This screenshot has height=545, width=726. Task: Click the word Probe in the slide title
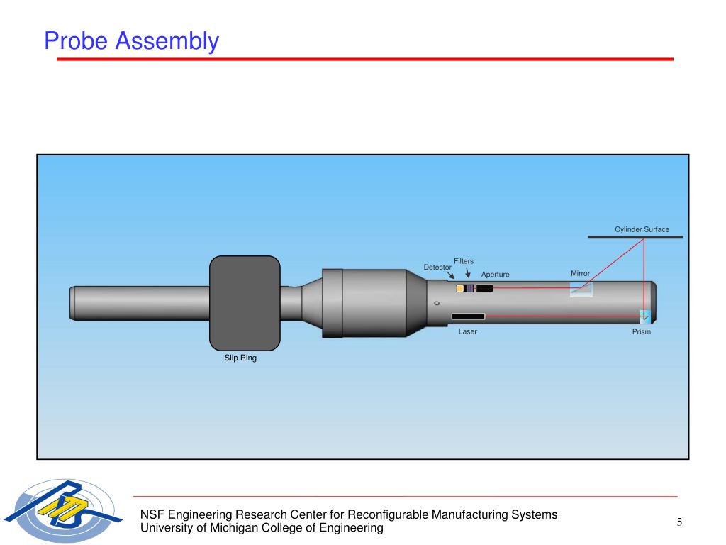pos(77,41)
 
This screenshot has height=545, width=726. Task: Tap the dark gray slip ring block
pos(245,303)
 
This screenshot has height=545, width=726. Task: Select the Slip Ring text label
pos(240,358)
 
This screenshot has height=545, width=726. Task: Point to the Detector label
pos(437,267)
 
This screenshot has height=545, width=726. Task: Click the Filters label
pos(464,261)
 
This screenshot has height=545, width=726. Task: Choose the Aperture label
pos(495,275)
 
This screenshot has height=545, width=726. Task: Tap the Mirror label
pos(580,273)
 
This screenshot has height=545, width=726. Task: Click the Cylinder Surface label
pos(642,229)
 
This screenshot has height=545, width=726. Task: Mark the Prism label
pos(641,332)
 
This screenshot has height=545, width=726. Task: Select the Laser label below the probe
pos(467,331)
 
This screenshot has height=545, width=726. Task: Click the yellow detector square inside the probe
pos(460,288)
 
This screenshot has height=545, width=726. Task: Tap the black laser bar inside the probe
pos(468,316)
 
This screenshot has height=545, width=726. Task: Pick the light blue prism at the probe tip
pos(644,316)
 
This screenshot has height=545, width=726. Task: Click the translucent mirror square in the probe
pos(581,289)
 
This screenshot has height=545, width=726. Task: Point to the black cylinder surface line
pos(635,237)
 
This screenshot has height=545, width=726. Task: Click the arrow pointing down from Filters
pos(467,272)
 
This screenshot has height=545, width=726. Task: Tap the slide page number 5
pos(678,523)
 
